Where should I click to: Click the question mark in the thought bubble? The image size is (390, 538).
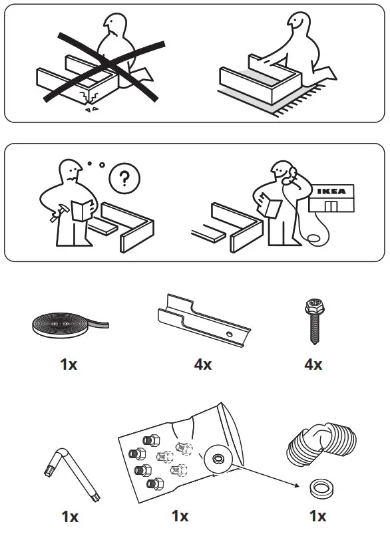(x=120, y=178)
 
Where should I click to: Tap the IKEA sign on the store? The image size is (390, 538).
(x=331, y=192)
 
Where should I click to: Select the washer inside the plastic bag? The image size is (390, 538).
(x=218, y=460)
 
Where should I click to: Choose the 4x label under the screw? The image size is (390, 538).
(x=313, y=364)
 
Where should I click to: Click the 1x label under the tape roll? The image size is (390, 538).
(x=69, y=364)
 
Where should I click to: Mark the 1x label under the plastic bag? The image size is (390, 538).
(x=180, y=516)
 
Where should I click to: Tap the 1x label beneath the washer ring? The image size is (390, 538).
(x=317, y=516)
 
